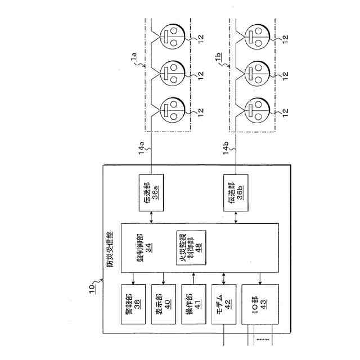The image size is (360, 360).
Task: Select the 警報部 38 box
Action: click(x=133, y=304)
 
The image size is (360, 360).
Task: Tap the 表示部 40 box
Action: click(x=163, y=304)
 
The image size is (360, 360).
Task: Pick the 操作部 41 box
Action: click(x=193, y=304)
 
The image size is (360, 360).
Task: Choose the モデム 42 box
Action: click(x=224, y=304)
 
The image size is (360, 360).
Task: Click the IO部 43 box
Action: click(x=259, y=304)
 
